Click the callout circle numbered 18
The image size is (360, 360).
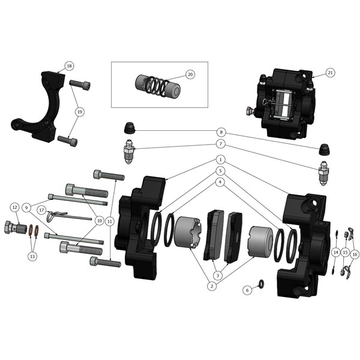point(69,66)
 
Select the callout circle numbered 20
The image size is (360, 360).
point(190,74)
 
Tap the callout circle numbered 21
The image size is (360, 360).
point(330,73)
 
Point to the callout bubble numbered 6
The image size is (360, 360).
point(247,290)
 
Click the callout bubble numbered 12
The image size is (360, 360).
point(14,208)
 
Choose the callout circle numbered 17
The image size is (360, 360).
point(41,210)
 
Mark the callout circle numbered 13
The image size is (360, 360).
point(32,256)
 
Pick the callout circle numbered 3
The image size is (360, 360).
point(218,275)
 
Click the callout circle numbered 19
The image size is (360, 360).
point(80,112)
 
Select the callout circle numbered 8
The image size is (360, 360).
point(221,132)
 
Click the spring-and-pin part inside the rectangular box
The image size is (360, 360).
point(157,85)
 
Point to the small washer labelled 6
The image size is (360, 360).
point(262,284)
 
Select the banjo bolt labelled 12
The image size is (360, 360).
point(16,227)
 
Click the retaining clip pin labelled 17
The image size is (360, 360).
point(69,216)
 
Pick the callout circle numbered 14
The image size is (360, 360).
point(335,253)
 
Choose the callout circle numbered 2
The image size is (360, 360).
point(212,286)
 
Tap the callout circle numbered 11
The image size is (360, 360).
point(110,221)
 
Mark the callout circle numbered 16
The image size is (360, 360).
point(355,254)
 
